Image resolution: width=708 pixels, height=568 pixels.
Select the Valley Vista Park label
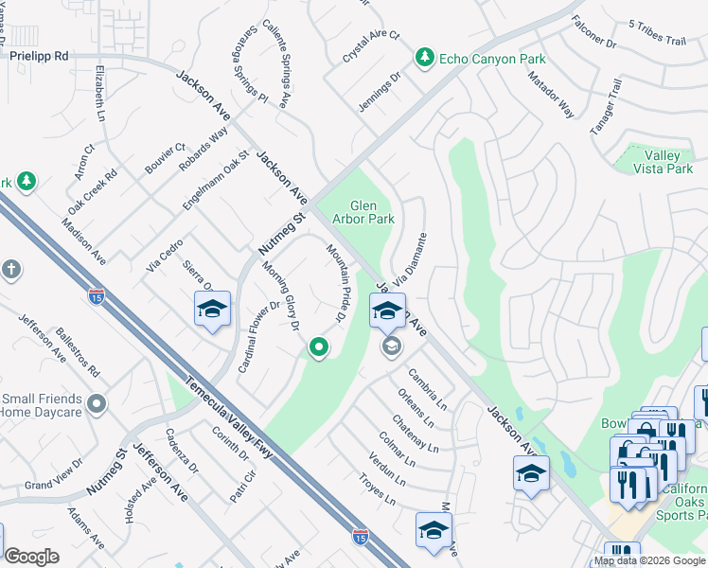(x=668, y=162)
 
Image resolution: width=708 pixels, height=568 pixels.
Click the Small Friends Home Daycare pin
(x=95, y=405)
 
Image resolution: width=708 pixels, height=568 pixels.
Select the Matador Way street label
(x=551, y=94)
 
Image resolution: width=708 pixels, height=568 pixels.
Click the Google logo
(x=31, y=557)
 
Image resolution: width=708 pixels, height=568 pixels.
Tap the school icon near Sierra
(x=212, y=308)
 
